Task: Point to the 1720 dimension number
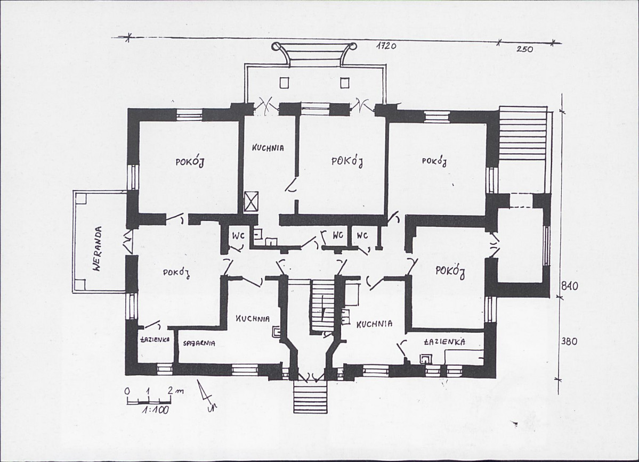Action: tap(386, 46)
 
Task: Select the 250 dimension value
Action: tap(525, 49)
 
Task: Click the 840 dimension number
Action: tap(569, 286)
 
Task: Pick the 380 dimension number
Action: tap(569, 341)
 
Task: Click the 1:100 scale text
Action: tap(155, 410)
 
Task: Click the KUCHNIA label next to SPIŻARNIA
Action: tap(253, 319)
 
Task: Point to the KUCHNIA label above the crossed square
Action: tap(268, 148)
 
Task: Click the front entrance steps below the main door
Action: tap(310, 398)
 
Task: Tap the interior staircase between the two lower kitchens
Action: tap(323, 305)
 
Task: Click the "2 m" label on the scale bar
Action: tap(175, 390)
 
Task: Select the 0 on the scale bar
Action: tap(127, 391)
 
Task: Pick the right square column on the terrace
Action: tap(345, 82)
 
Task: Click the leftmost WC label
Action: tap(238, 236)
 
